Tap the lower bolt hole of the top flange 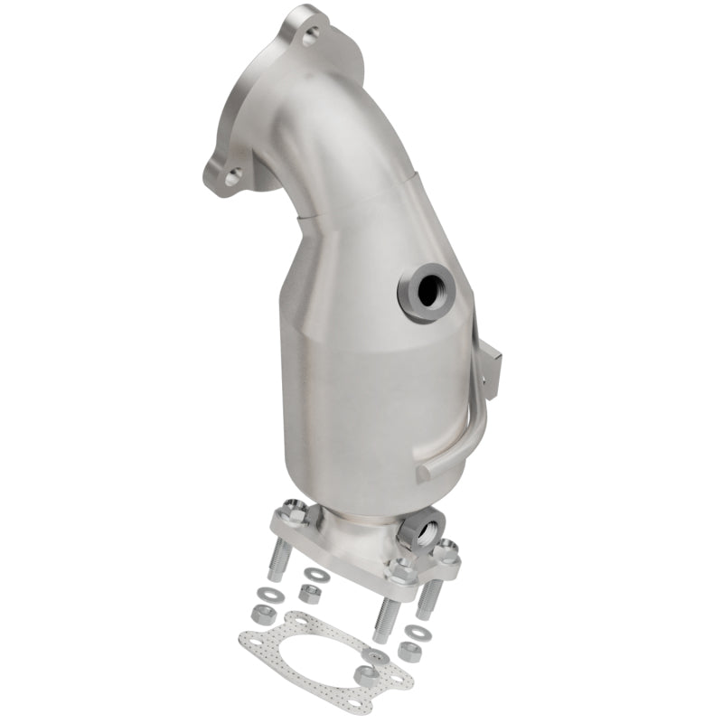coord(232,178)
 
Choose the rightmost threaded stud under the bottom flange coord(432,596)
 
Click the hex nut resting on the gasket coord(365,673)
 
